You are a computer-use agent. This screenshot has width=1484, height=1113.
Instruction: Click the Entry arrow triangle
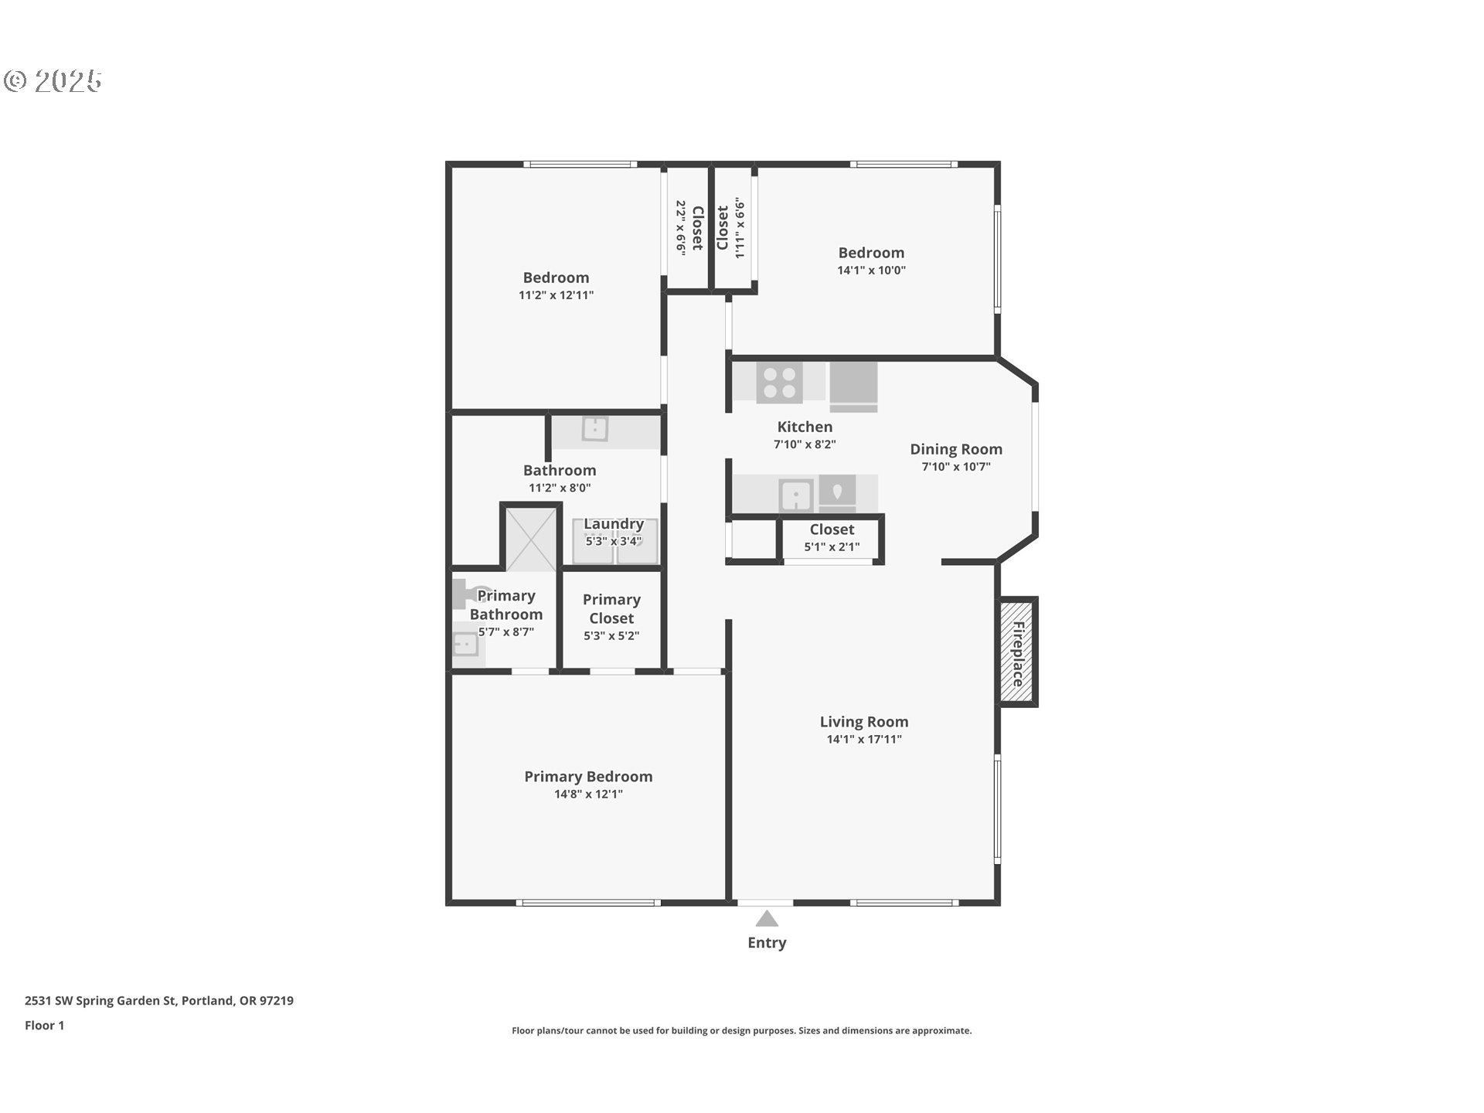click(x=766, y=919)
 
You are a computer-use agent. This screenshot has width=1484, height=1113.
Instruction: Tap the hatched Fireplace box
click(x=1018, y=652)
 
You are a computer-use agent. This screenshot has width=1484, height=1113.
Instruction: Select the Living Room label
click(x=864, y=722)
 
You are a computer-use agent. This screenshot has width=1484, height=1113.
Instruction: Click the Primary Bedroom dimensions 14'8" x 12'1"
click(x=588, y=794)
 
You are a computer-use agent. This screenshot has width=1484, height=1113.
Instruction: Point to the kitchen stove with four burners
click(x=779, y=383)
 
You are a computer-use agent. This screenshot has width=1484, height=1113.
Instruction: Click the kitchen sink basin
click(x=795, y=495)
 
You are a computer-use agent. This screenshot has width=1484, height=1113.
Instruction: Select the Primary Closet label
click(x=611, y=609)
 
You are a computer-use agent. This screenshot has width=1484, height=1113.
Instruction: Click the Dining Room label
click(x=955, y=449)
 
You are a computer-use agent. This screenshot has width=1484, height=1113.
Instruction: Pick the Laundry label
click(x=614, y=524)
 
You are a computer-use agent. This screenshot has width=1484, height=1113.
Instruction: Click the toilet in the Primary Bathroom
click(x=468, y=594)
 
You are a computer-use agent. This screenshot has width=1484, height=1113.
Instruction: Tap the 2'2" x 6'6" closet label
click(x=689, y=228)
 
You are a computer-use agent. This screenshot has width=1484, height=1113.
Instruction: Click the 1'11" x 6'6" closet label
click(x=730, y=228)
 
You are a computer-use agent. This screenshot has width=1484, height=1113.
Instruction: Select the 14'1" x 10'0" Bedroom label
click(x=871, y=260)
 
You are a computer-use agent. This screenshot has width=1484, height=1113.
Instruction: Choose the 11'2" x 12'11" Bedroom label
click(x=556, y=285)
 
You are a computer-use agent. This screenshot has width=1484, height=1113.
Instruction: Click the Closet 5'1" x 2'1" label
click(x=832, y=537)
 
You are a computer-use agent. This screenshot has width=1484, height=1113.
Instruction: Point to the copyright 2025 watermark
click(x=53, y=81)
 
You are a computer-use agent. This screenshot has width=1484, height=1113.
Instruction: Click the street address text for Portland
click(x=158, y=1000)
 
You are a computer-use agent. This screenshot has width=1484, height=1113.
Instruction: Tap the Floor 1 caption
click(x=44, y=1025)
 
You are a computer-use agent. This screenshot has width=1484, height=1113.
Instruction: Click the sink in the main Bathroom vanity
click(x=595, y=428)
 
